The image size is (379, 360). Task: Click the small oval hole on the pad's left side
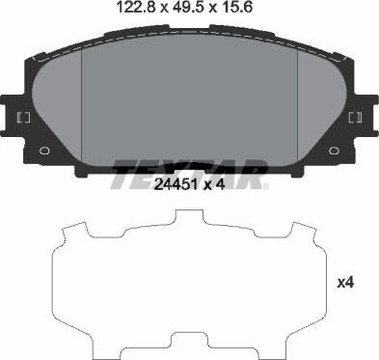[43, 151]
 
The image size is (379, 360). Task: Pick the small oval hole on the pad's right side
[334, 151]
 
